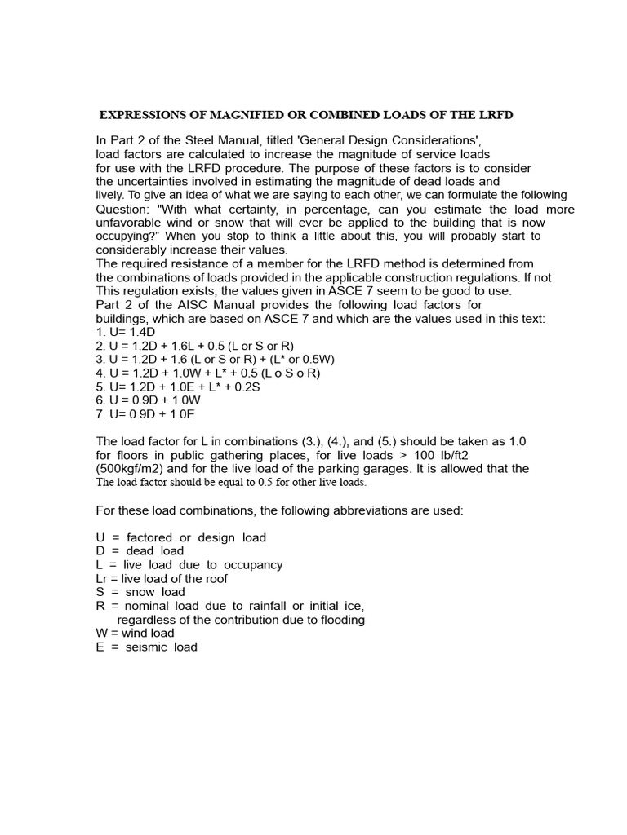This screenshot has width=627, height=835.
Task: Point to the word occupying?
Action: (x=127, y=236)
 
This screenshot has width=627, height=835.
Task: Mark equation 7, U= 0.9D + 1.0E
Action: (x=146, y=414)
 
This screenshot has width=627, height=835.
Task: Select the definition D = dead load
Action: (x=140, y=551)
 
